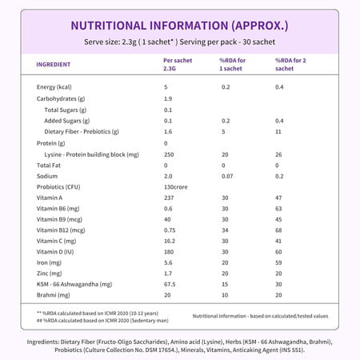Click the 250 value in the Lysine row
pos(169,153)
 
